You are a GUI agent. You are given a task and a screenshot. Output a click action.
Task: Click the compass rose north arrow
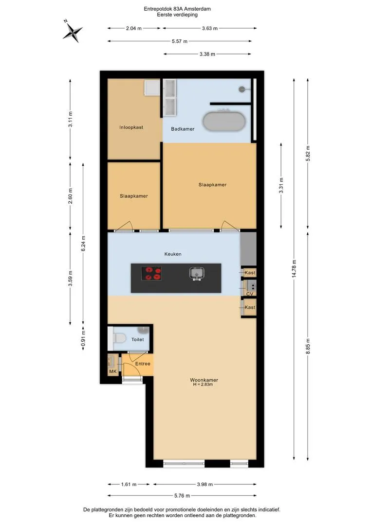tap(73, 31)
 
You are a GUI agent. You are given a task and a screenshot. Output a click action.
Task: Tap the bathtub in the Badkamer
tap(224, 121)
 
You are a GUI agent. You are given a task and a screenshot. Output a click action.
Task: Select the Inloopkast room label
tap(131, 127)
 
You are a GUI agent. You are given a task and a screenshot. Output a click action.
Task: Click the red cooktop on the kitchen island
tap(151, 273)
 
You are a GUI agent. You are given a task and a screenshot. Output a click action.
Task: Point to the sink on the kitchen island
tap(197, 273)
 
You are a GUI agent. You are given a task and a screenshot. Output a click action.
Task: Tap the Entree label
tap(143, 364)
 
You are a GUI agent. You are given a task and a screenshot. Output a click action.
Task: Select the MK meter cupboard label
tap(112, 371)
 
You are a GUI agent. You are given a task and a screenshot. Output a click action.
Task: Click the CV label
tap(250, 294)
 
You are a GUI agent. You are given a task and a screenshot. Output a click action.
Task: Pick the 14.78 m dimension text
tap(294, 268)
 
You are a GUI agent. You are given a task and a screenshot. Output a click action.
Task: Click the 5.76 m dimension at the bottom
tap(182, 495)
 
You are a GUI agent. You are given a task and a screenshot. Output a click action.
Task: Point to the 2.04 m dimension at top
tap(134, 29)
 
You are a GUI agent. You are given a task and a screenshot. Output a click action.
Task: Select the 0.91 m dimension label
tap(83, 338)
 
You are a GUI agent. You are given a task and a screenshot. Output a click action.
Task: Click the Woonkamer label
tap(204, 380)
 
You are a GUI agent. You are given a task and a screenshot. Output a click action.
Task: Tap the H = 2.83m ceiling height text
tap(203, 385)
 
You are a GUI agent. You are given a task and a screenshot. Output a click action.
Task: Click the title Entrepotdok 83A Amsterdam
tap(177, 9)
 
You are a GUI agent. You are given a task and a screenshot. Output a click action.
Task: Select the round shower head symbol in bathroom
tap(242, 89)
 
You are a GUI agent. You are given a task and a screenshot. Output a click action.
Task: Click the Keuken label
tap(173, 254)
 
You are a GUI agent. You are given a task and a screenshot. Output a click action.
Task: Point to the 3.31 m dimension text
tap(281, 185)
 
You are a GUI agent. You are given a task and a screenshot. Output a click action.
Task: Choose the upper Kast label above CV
tap(250, 273)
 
